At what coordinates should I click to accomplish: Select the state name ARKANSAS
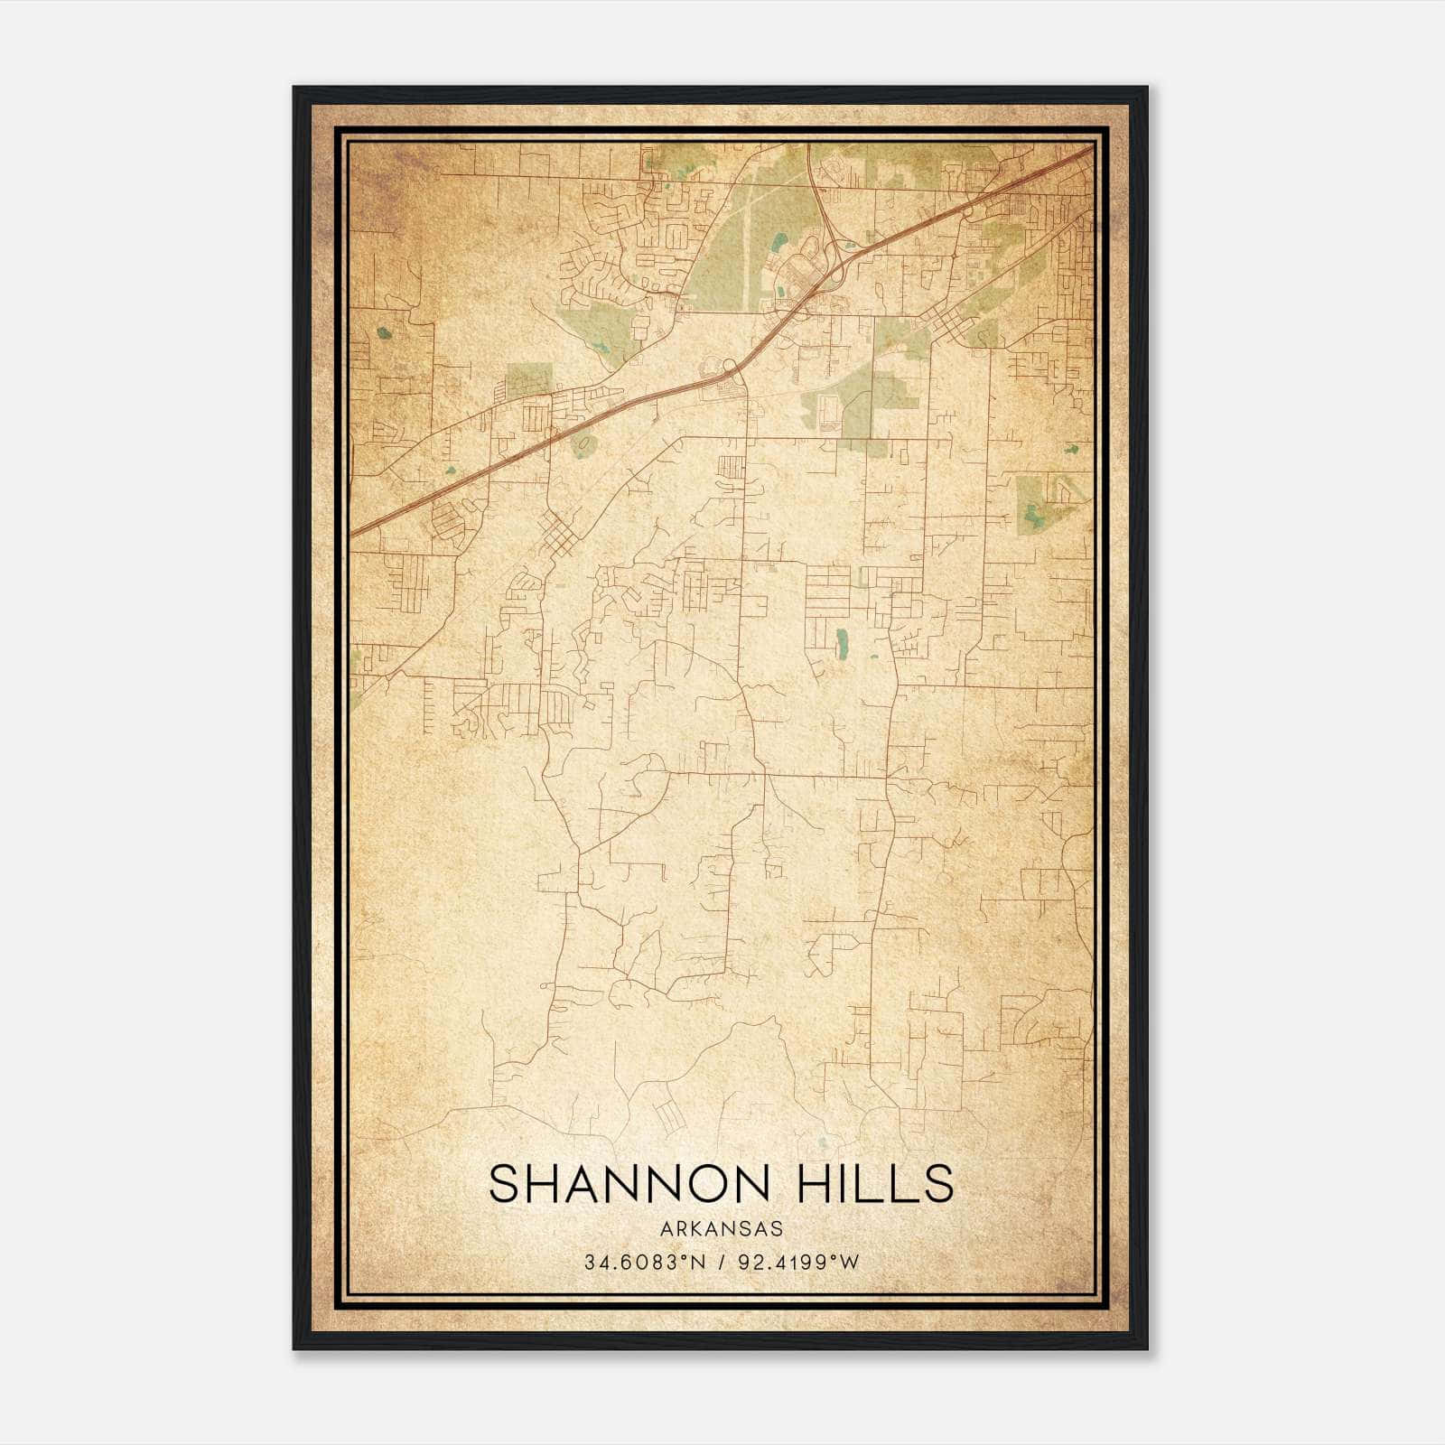[x=722, y=1229]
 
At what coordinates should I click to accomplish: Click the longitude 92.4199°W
[x=798, y=1263]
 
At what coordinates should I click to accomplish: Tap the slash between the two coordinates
[x=719, y=1263]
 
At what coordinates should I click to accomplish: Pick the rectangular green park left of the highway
[x=528, y=379]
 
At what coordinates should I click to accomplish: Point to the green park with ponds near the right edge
[x=1039, y=504]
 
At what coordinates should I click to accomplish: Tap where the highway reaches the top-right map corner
[x=1090, y=149]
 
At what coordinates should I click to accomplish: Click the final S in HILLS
[x=940, y=1184]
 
